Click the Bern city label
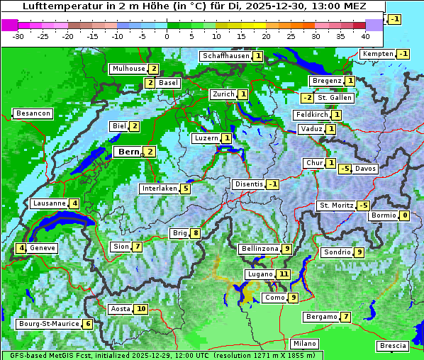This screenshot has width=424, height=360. (128, 152)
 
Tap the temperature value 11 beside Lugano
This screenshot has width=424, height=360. (284, 274)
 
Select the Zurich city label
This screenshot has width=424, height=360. (223, 94)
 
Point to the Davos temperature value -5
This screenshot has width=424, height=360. (345, 169)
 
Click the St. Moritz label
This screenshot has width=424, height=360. (335, 206)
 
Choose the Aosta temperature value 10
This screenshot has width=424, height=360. (141, 309)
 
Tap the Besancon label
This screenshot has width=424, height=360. (33, 113)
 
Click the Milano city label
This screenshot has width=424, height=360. (305, 343)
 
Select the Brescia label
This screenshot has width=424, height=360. (393, 346)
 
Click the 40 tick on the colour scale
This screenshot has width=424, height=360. (365, 35)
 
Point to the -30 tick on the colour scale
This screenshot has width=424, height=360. (18, 35)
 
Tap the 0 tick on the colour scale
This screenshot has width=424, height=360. (167, 35)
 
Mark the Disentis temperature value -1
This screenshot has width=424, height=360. (272, 184)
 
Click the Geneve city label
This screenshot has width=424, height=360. (43, 248)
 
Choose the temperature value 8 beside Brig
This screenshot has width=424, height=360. (195, 233)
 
